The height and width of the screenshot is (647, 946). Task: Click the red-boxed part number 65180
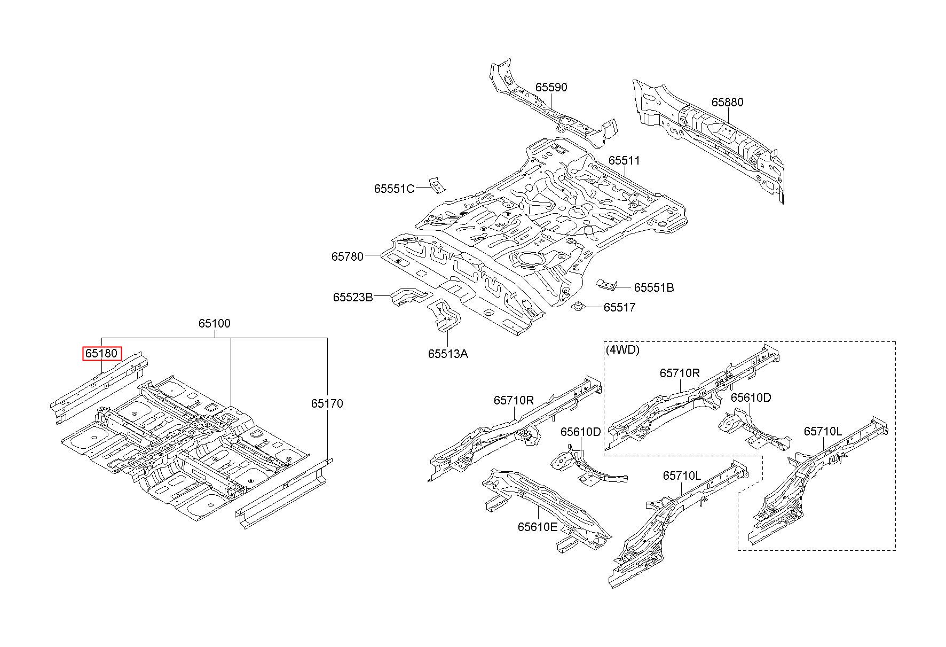point(102,354)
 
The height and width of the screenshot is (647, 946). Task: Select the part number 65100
point(215,323)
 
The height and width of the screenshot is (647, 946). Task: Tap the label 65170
point(327,403)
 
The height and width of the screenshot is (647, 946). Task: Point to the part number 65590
point(551,87)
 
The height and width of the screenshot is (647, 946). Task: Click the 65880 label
point(727,102)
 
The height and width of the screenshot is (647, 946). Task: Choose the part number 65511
point(624,161)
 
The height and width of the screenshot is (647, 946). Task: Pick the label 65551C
point(394,189)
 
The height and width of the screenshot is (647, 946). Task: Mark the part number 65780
point(348,256)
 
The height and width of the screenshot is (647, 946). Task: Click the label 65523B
point(353,297)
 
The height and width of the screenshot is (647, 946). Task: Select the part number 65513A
point(448,354)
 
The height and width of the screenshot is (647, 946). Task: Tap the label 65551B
point(654,287)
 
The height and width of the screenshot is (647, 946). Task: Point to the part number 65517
point(620,307)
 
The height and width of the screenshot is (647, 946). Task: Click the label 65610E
point(537,527)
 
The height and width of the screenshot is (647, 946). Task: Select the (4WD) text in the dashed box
point(622,350)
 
